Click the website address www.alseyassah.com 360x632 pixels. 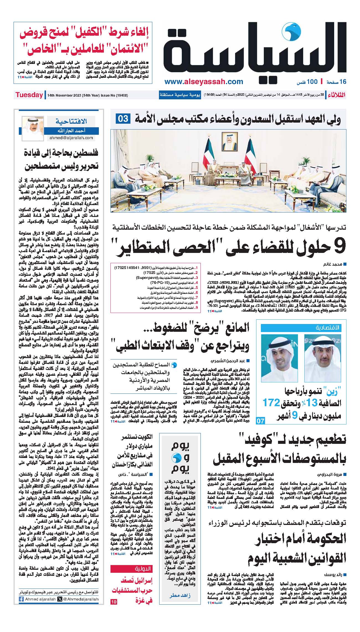click(x=204, y=82)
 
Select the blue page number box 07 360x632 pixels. click(x=261, y=421)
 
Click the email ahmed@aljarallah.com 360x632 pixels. click(x=71, y=138)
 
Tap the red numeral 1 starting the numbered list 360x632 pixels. click(x=197, y=268)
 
